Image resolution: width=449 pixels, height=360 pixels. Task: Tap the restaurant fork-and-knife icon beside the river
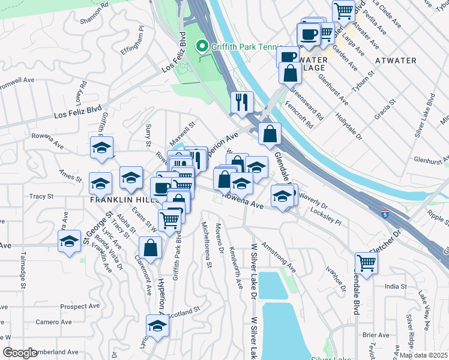pos(243,102)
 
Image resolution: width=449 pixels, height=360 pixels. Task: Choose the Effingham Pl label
pos(134,41)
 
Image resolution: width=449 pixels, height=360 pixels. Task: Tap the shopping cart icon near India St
pos(366,262)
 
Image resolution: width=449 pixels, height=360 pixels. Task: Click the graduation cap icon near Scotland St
pos(157,326)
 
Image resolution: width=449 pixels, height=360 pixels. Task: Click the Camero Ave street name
pos(53,322)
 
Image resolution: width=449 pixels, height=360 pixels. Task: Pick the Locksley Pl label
pos(326,217)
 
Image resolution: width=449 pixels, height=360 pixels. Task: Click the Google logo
pos(20,353)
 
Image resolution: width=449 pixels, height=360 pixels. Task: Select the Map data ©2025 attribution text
pos(423,355)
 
